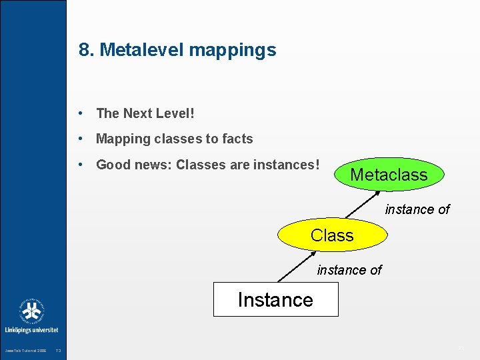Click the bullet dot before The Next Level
pos(80,114)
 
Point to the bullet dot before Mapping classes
pos(80,139)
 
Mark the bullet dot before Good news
pos(80,165)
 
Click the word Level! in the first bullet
pos(175,114)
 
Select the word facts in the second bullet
pos(237,139)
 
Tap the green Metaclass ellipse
pos(388,175)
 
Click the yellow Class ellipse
pos(332,235)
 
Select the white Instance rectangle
pos(275,299)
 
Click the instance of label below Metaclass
pos(417,209)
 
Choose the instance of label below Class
pos(349,270)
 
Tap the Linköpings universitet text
pos(32,330)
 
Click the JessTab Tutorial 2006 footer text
pos(25,351)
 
